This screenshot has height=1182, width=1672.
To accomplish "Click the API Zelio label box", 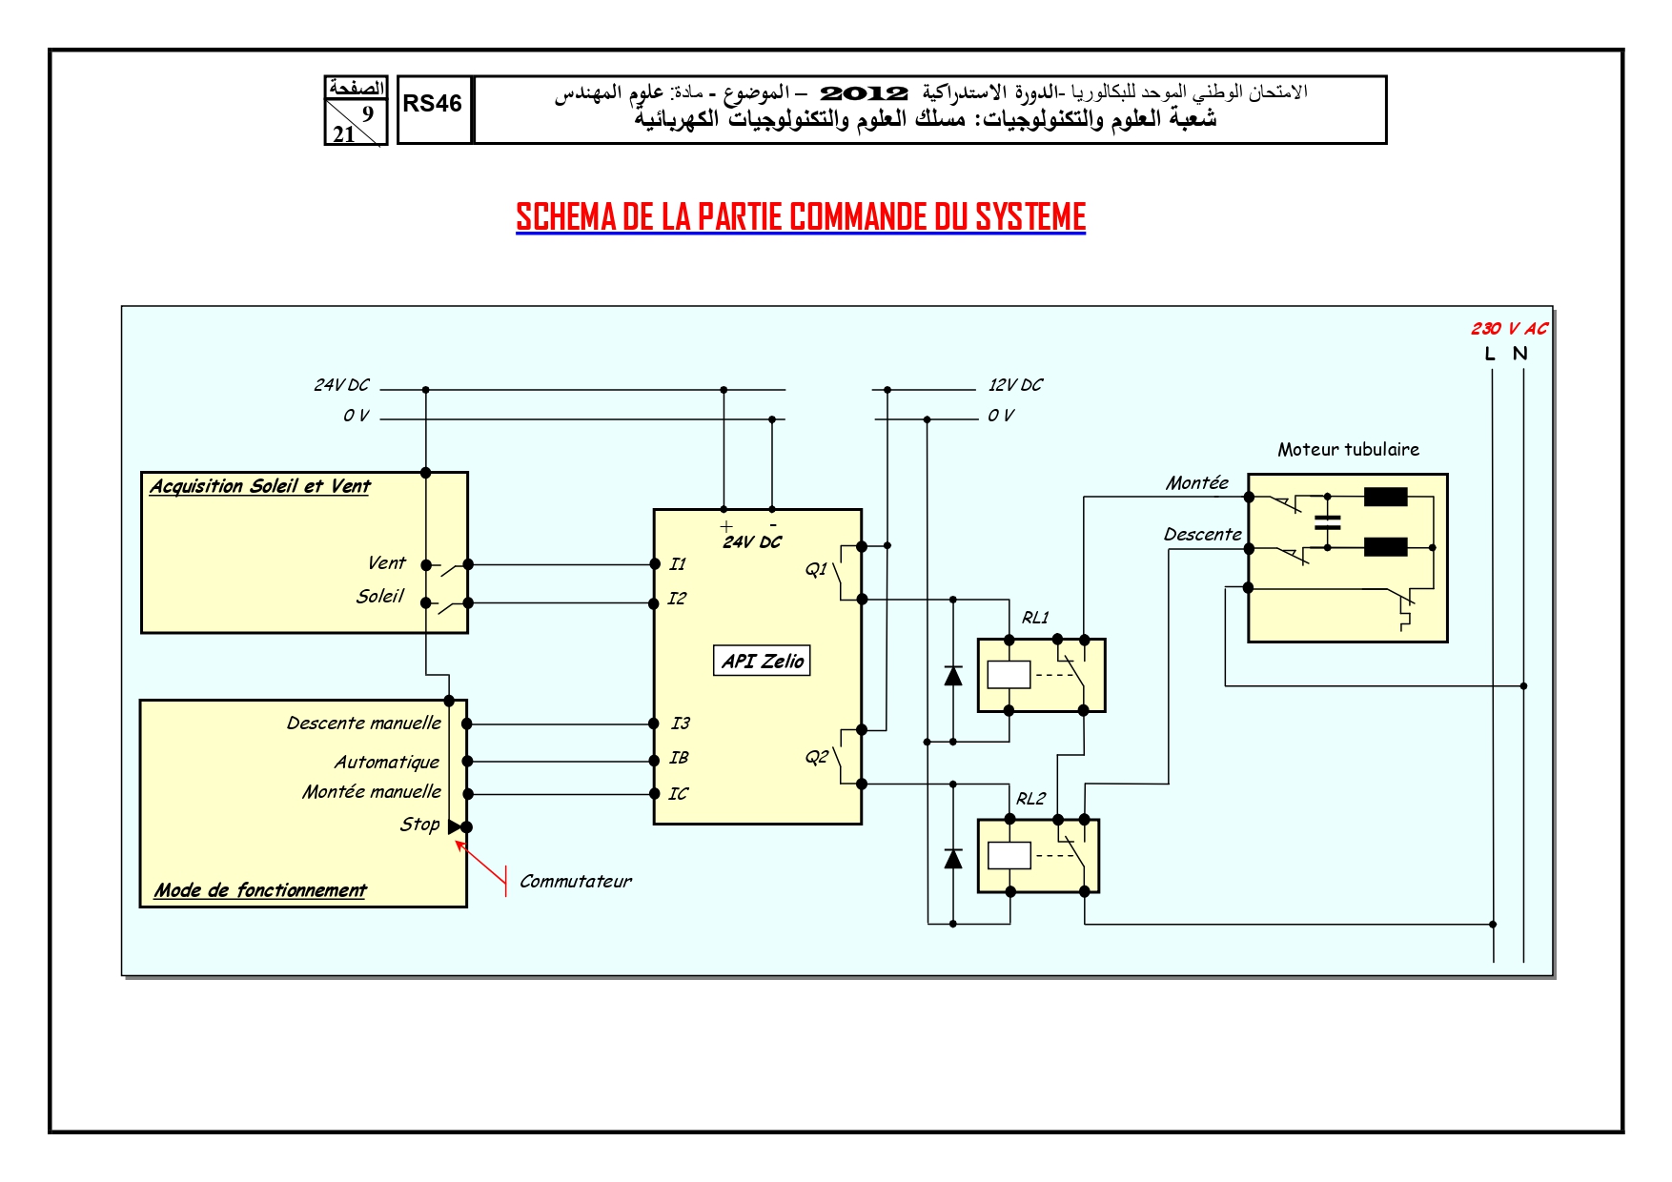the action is pos(762,661).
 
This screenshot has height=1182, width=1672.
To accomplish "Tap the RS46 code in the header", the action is pos(432,104).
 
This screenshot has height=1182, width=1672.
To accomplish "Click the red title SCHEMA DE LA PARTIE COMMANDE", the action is pos(801,217).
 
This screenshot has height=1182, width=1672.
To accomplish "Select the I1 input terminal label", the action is pos(677,564).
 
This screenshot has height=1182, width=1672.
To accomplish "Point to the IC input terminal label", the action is pos(678,793).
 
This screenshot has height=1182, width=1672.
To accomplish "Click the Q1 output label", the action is pos(816,569).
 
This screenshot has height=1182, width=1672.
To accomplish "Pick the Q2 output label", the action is pos(816,758).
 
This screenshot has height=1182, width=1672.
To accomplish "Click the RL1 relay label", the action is pos(1035,618).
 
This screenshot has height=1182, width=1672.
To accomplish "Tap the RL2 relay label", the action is pos(1030,799).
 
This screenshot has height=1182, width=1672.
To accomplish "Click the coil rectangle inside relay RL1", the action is pos(1009,675).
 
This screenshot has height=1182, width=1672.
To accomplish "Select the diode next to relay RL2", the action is pos(952,859).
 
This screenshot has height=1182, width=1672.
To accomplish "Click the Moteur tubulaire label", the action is pos(1348,449).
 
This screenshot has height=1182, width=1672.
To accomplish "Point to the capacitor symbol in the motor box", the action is pos(1327,522).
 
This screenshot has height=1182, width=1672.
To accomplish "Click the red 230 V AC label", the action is pos(1509,329).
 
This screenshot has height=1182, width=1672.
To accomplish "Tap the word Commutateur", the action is pos(575,882).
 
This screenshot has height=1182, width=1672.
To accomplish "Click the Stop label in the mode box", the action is pos(419,825).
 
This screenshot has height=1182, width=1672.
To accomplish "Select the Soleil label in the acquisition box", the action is pos(379,597).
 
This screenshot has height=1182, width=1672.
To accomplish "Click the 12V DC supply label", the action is pos(1015,385).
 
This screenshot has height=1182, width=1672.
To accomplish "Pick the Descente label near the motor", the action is pos(1202,535).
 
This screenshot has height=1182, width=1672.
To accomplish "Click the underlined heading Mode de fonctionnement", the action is pos(260,890).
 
